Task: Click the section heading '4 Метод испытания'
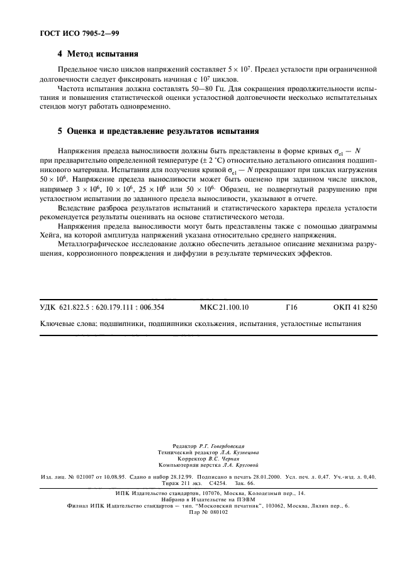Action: coord(98,54)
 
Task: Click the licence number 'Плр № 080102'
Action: coord(208,511)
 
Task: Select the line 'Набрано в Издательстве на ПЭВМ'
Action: coord(208,499)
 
